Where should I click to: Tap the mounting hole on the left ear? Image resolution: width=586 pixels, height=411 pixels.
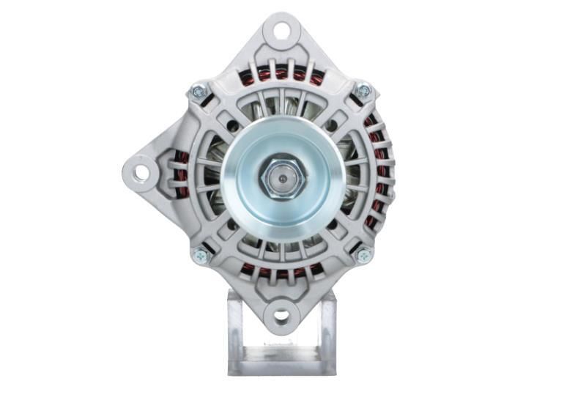141,172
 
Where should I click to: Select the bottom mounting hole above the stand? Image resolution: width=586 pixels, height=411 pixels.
281,317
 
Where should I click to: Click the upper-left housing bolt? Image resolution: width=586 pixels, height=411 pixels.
198,92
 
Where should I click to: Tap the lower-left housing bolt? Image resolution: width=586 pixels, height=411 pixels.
199,256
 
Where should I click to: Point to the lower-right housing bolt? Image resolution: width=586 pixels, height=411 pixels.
363,255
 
